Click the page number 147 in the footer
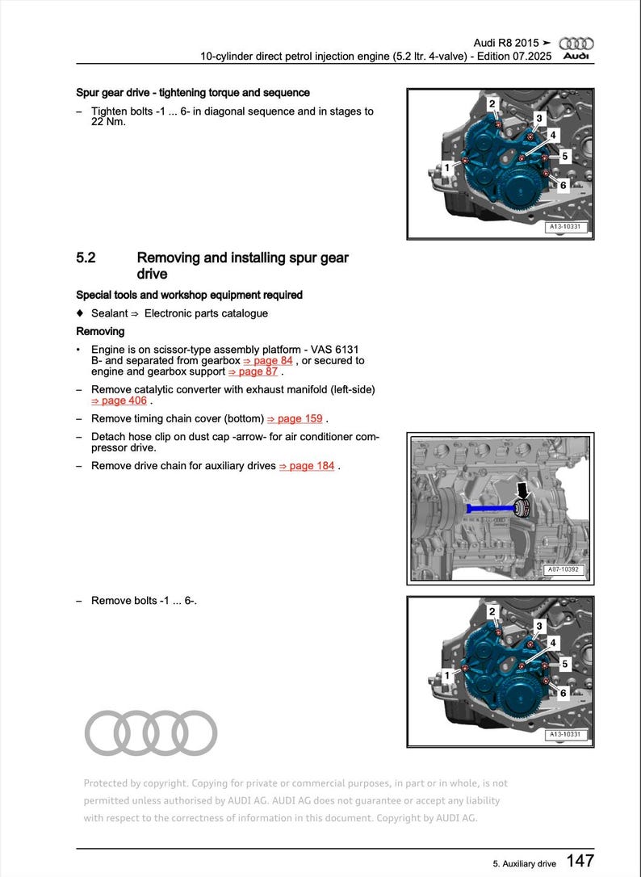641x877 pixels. [x=580, y=861]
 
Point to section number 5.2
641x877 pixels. [x=86, y=258]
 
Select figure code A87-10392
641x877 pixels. [x=564, y=569]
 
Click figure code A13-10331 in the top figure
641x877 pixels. [x=565, y=227]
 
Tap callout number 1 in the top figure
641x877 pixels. [x=446, y=168]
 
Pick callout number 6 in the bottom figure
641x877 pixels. [x=563, y=692]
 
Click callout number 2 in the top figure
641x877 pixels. [x=492, y=103]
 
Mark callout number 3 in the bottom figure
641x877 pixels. [x=539, y=626]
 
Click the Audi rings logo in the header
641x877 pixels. [x=576, y=43]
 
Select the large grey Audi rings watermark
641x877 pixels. [x=151, y=732]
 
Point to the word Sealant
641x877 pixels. [x=110, y=313]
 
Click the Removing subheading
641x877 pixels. [x=100, y=331]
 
